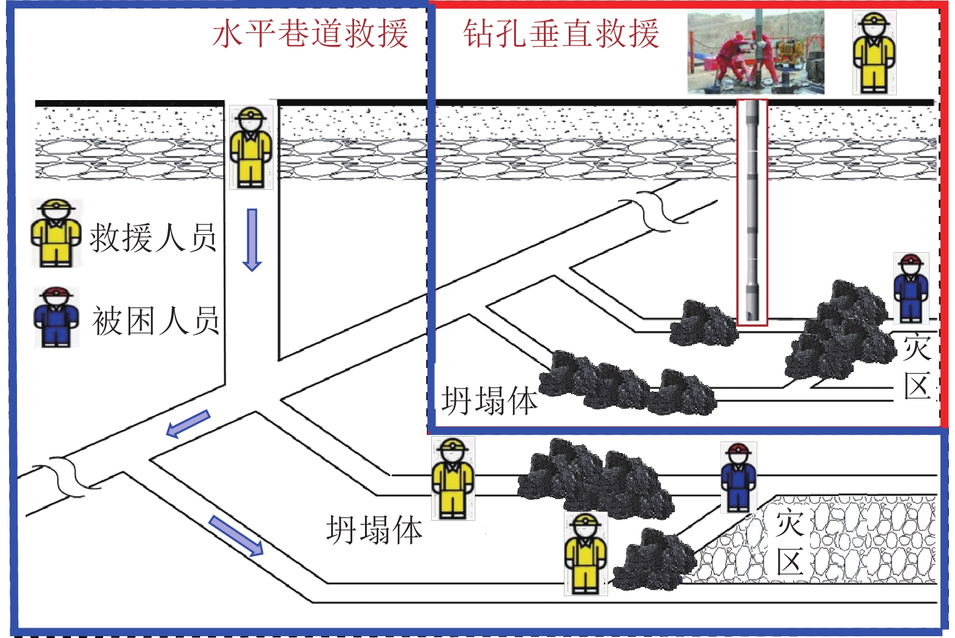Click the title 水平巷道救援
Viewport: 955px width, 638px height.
pos(310,33)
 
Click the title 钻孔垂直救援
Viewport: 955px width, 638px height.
pos(561,33)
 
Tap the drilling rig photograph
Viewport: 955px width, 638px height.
pos(756,53)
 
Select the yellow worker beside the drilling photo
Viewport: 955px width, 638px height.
pos(874,53)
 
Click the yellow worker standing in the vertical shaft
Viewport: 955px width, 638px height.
pos(250,147)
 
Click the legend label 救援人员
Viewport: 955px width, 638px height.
pos(153,237)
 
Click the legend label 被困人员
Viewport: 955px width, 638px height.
pos(155,321)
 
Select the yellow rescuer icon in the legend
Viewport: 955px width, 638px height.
pos(56,233)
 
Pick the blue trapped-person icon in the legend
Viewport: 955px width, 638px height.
pos(56,318)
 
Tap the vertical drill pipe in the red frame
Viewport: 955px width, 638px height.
pos(752,212)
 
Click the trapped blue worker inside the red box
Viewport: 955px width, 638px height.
pos(911,289)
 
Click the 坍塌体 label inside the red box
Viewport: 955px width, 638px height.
pos(489,401)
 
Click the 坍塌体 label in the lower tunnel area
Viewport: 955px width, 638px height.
pos(374,530)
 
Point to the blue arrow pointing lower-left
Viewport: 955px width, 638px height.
pos(188,424)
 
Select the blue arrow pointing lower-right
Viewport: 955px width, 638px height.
pos(236,536)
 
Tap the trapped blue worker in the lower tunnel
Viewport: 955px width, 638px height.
pos(739,477)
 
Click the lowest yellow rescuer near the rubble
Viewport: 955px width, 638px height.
pos(585,553)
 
